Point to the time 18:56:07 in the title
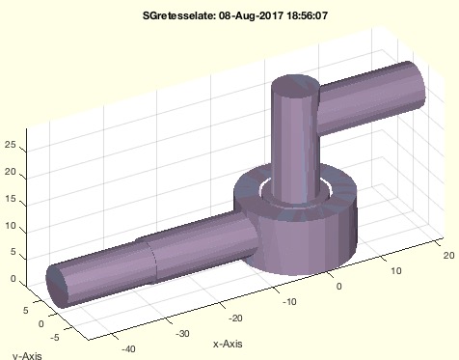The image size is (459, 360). coord(307,15)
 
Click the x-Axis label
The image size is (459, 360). coord(228,344)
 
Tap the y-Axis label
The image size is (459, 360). coord(27,355)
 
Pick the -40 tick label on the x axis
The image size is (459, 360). coord(128,348)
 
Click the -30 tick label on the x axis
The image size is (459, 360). coord(182,333)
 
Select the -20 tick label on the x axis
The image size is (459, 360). coord(235,318)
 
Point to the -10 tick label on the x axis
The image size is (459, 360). coord(289,302)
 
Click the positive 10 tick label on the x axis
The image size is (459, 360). coord(396,271)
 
